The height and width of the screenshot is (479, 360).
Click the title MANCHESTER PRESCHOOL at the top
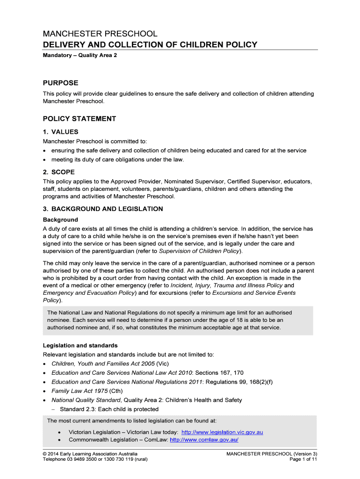tap(100, 34)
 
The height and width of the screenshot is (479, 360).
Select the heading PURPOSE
tap(61, 83)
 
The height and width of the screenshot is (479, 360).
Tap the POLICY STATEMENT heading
tap(79, 119)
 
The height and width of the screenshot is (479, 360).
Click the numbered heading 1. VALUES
tap(61, 132)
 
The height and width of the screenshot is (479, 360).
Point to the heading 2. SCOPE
tap(59, 172)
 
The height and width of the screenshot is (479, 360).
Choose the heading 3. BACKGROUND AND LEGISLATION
tap(103, 209)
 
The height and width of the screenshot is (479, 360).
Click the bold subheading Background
tap(60, 219)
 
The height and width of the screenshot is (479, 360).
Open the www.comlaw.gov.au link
tap(204, 440)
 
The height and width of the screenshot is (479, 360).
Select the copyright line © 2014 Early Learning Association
tap(90, 454)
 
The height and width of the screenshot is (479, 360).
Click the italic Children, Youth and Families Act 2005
tap(104, 364)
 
